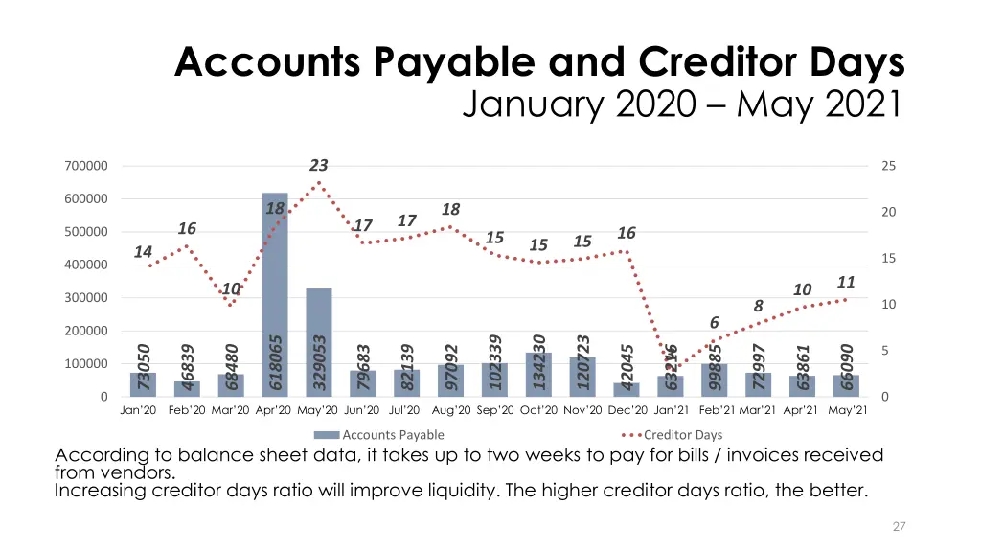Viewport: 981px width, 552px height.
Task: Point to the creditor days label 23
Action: pyautogui.click(x=319, y=166)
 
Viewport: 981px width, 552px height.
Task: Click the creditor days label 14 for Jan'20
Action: pyautogui.click(x=143, y=251)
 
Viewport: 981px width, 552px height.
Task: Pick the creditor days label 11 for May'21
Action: pyautogui.click(x=845, y=282)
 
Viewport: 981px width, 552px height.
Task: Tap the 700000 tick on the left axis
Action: pyautogui.click(x=86, y=166)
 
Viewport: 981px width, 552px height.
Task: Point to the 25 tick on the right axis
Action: pyautogui.click(x=888, y=166)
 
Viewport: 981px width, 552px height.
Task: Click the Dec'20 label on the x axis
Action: pyautogui.click(x=627, y=410)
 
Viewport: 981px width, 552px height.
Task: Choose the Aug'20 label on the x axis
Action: pyautogui.click(x=451, y=410)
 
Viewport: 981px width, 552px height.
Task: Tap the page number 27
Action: pyautogui.click(x=897, y=526)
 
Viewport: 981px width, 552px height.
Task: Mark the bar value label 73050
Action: pyautogui.click(x=144, y=366)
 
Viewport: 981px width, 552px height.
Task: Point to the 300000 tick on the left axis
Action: pyautogui.click(x=86, y=298)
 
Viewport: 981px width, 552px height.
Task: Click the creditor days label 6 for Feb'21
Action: pyautogui.click(x=714, y=323)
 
